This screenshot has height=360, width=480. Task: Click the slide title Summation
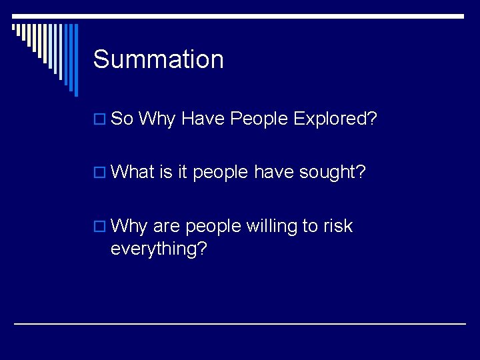pyautogui.click(x=159, y=59)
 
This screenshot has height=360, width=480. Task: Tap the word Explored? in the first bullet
pyautogui.click(x=335, y=119)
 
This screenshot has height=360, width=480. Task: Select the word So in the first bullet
pyautogui.click(x=123, y=119)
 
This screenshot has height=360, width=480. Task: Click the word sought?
pyautogui.click(x=333, y=172)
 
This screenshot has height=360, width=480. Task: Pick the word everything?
pyautogui.click(x=159, y=249)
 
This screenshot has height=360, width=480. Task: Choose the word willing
pyautogui.click(x=272, y=226)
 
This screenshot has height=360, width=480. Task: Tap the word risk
pyautogui.click(x=338, y=226)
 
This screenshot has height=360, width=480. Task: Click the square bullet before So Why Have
pyautogui.click(x=99, y=120)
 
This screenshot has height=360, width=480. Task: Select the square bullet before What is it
pyautogui.click(x=99, y=173)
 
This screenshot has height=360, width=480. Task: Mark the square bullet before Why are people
pyautogui.click(x=99, y=227)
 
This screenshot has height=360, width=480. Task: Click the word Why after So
pyautogui.click(x=157, y=119)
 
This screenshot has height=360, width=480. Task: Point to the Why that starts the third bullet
pyautogui.click(x=129, y=226)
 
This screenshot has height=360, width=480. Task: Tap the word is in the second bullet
pyautogui.click(x=166, y=172)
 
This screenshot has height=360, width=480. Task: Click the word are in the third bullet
pyautogui.click(x=167, y=226)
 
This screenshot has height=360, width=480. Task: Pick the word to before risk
pyautogui.click(x=310, y=226)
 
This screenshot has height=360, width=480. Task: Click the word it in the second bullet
pyautogui.click(x=183, y=172)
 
